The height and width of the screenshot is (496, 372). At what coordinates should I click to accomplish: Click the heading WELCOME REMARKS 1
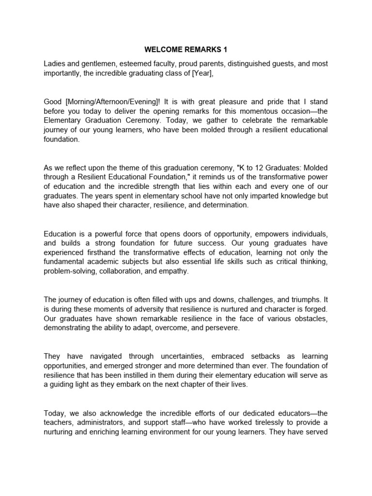tap(186, 49)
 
